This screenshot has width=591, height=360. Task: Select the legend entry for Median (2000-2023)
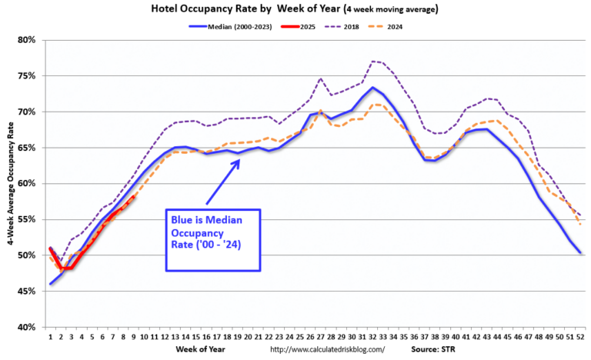pyautogui.click(x=228, y=27)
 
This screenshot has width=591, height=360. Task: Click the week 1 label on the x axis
pyautogui.click(x=50, y=336)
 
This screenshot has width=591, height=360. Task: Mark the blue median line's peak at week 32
pyautogui.click(x=372, y=87)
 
